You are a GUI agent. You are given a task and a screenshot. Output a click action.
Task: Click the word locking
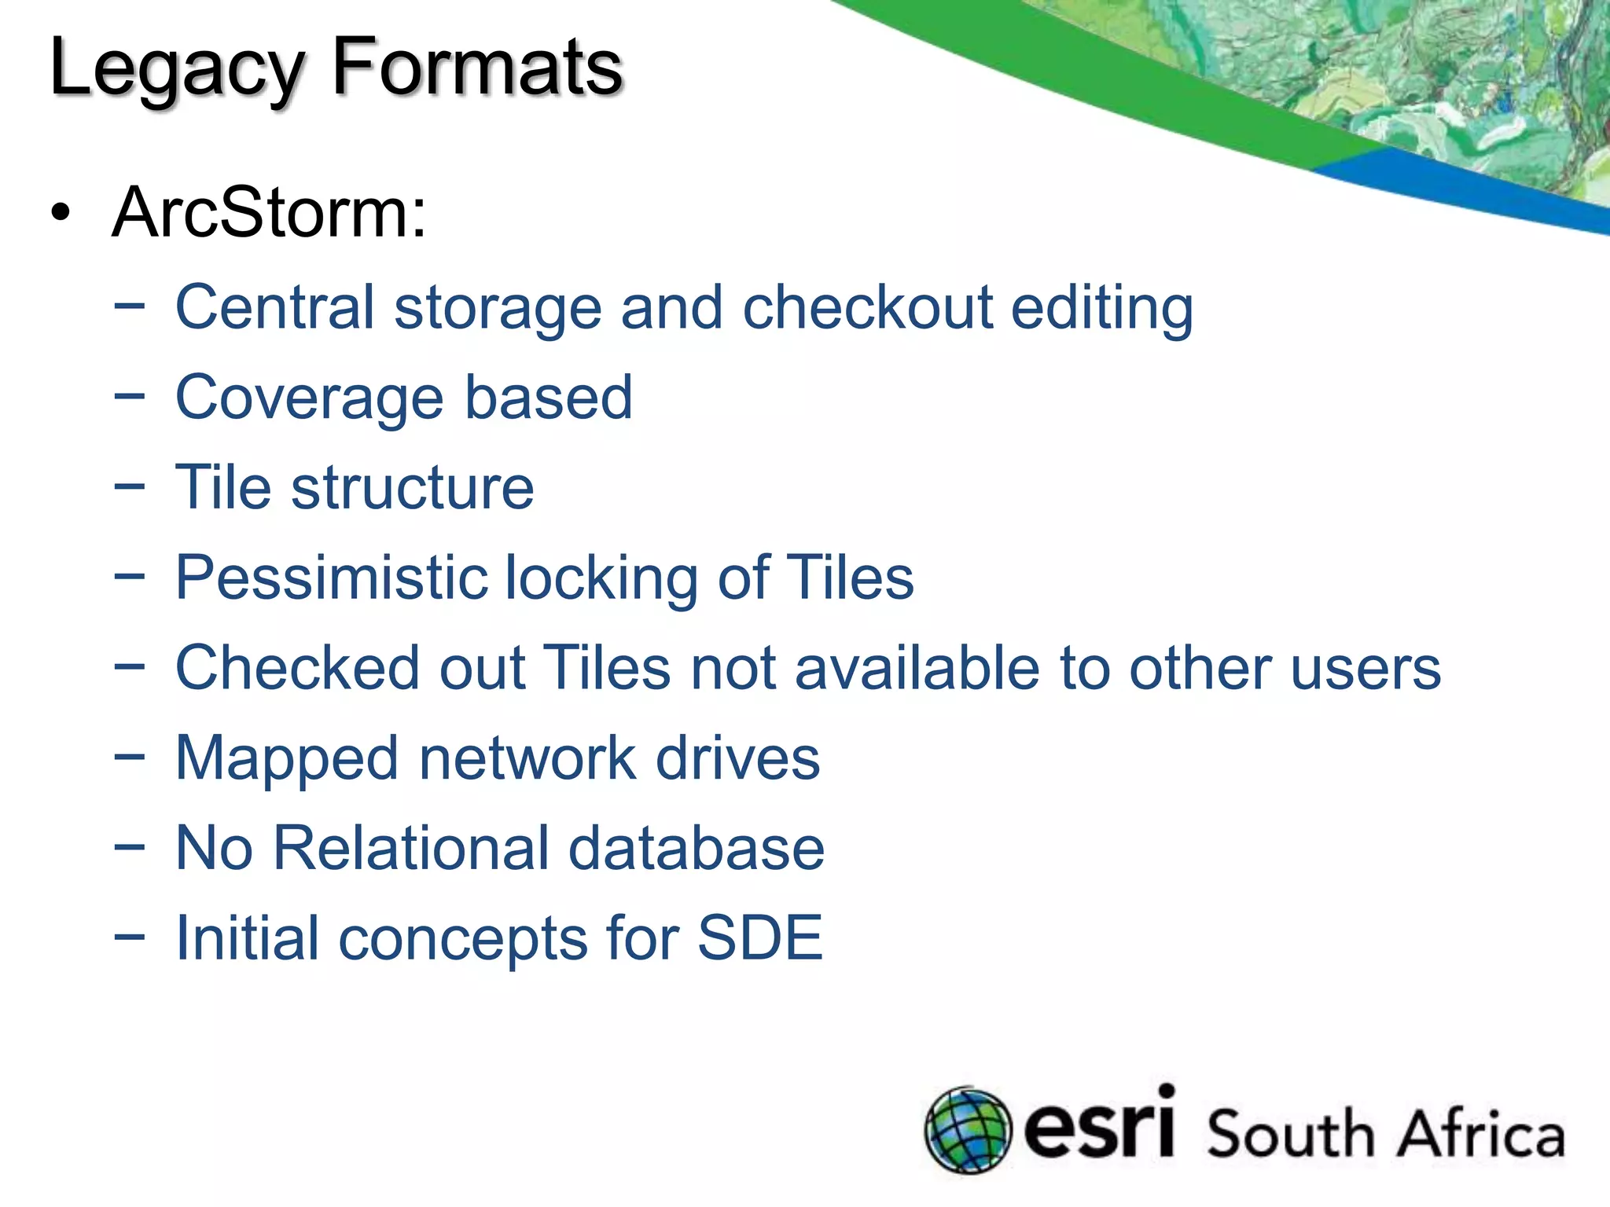601,578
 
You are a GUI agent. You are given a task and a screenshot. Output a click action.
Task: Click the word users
1365,668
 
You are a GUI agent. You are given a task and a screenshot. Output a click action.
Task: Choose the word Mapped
287,759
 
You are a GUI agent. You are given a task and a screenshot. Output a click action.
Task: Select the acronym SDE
759,938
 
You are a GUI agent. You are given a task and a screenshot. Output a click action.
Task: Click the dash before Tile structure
129,487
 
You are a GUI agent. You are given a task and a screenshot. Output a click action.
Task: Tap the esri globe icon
967,1129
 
